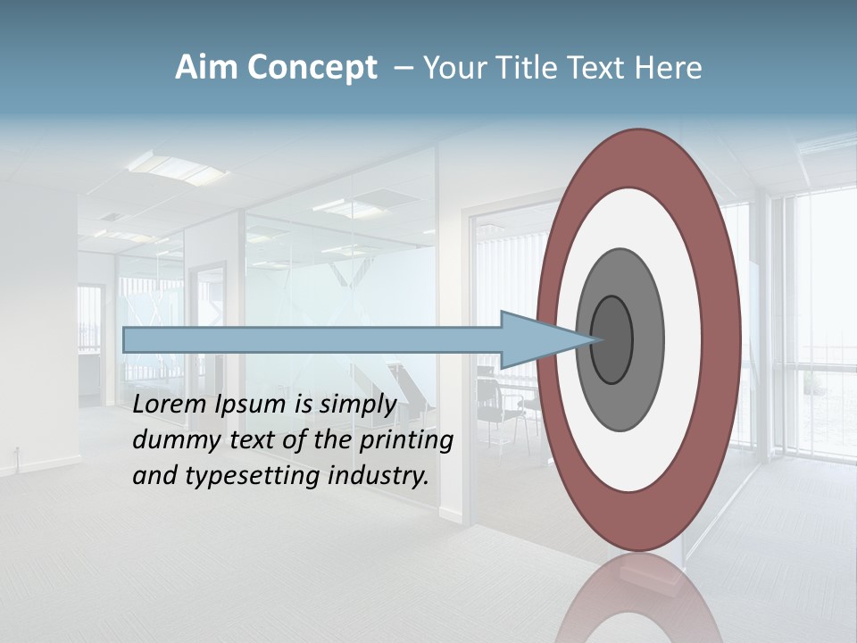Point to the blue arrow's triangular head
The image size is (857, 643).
545,339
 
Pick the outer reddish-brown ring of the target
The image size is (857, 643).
639,156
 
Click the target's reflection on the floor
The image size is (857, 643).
639,598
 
